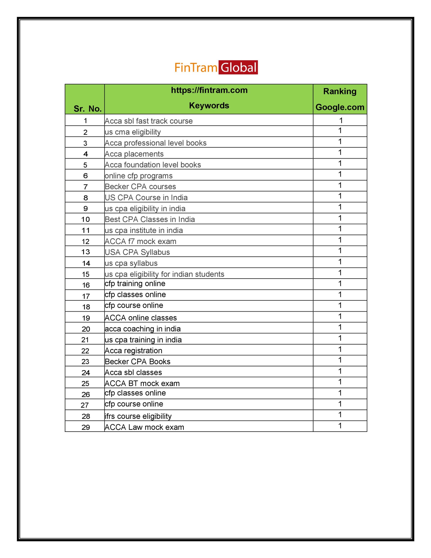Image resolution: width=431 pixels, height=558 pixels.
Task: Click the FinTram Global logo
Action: pyautogui.click(x=216, y=67)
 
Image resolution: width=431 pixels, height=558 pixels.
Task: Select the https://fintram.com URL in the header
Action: pyautogui.click(x=209, y=90)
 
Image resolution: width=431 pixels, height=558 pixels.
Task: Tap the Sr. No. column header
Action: pyautogui.click(x=87, y=109)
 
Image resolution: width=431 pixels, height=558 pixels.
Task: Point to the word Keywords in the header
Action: pyautogui.click(x=209, y=105)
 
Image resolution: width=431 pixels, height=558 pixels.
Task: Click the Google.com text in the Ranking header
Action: pyautogui.click(x=340, y=107)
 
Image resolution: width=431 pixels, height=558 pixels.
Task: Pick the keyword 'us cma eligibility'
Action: pyautogui.click(x=133, y=132)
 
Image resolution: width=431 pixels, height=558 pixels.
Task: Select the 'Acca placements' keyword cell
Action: pyautogui.click(x=134, y=154)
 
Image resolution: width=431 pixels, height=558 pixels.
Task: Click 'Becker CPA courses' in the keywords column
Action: pyautogui.click(x=140, y=187)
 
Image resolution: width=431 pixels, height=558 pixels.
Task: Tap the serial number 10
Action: pyautogui.click(x=86, y=219)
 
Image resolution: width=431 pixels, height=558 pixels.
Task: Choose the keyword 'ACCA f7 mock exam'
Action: pyautogui.click(x=141, y=241)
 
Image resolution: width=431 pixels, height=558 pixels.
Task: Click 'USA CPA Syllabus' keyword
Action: pyautogui.click(x=137, y=252)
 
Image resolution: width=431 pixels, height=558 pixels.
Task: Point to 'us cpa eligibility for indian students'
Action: pyautogui.click(x=165, y=274)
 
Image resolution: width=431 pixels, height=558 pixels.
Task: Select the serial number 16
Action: pyautogui.click(x=86, y=285)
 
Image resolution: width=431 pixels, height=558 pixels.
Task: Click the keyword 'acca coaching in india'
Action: pyautogui.click(x=143, y=329)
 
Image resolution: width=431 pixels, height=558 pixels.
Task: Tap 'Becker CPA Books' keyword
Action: pyautogui.click(x=137, y=362)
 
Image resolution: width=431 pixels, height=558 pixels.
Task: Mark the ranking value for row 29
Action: pyautogui.click(x=340, y=426)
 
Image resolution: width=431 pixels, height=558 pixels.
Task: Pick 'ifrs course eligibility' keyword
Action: pyautogui.click(x=138, y=416)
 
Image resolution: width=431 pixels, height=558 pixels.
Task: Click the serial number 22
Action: pyautogui.click(x=85, y=351)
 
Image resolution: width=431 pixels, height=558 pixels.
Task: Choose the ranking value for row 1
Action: pyautogui.click(x=341, y=120)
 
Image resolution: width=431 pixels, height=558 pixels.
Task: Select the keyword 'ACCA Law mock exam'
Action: pyautogui.click(x=144, y=427)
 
